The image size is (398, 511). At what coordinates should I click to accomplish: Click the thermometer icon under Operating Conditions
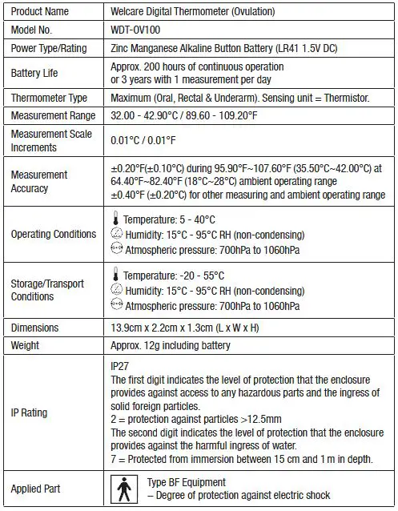pos(116,219)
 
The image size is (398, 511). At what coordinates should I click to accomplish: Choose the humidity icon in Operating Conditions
pos(116,234)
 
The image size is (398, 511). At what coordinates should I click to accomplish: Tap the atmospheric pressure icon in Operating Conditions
pos(117,249)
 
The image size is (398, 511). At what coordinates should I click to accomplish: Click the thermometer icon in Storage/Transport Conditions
pos(116,276)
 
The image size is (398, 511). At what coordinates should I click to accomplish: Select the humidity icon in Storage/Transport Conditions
pos(116,291)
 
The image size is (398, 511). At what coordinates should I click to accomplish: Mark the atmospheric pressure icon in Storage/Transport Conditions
pos(117,306)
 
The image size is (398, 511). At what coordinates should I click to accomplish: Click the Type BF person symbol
pos(124,488)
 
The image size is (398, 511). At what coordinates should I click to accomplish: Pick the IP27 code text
pos(119,364)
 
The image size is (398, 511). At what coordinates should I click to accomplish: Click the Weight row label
pos(25,346)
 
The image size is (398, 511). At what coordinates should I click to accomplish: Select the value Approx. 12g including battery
pos(171,346)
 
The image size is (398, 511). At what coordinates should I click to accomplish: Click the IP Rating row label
pos(29,412)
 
